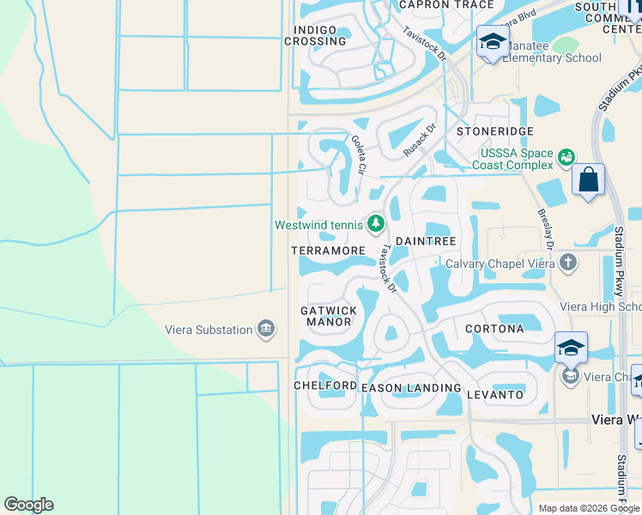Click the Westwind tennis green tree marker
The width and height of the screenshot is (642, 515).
(x=375, y=224)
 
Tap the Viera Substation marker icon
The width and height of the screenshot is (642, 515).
(x=266, y=329)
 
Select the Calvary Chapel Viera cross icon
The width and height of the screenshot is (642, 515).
(x=566, y=263)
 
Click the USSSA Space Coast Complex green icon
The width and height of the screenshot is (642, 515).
(x=566, y=157)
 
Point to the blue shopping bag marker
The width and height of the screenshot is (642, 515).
(x=588, y=181)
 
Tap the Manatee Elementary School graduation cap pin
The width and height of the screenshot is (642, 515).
(x=493, y=42)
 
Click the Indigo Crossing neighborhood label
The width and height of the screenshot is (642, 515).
(x=315, y=35)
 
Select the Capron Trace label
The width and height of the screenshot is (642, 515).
(x=447, y=5)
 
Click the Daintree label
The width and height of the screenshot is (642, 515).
(x=425, y=241)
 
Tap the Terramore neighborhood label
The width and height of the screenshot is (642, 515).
(x=328, y=250)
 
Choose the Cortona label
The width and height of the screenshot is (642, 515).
(x=494, y=329)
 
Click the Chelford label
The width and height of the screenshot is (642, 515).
(x=325, y=385)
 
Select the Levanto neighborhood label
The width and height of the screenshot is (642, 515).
(x=495, y=394)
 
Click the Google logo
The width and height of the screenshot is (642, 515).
(x=28, y=505)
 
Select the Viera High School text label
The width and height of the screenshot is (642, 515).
(x=600, y=306)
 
